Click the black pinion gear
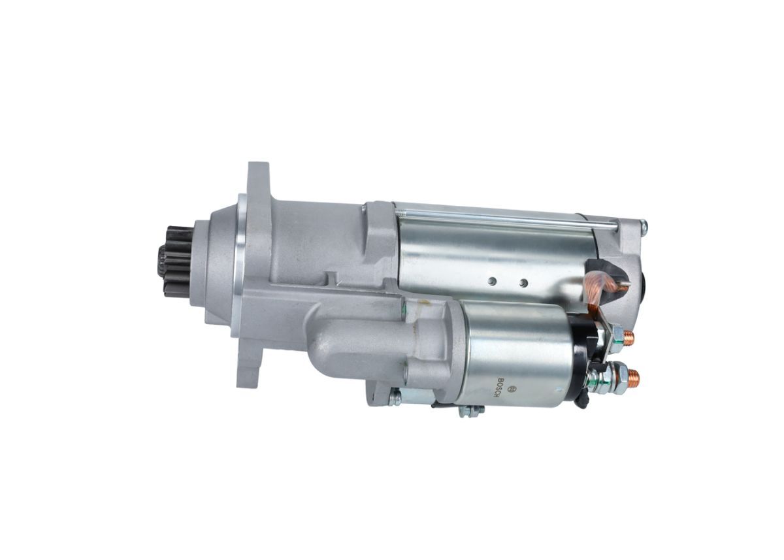pyautogui.click(x=175, y=261)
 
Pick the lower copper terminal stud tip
pyautogui.click(x=633, y=377)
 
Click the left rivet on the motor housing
pyautogui.click(x=492, y=281)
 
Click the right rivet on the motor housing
pyautogui.click(x=523, y=283)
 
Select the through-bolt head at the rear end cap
pyautogui.click(x=644, y=227)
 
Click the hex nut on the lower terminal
pyautogui.click(x=615, y=377)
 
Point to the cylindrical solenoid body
pyautogui.click(x=516, y=353)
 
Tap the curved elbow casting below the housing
pyautogui.click(x=346, y=346)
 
